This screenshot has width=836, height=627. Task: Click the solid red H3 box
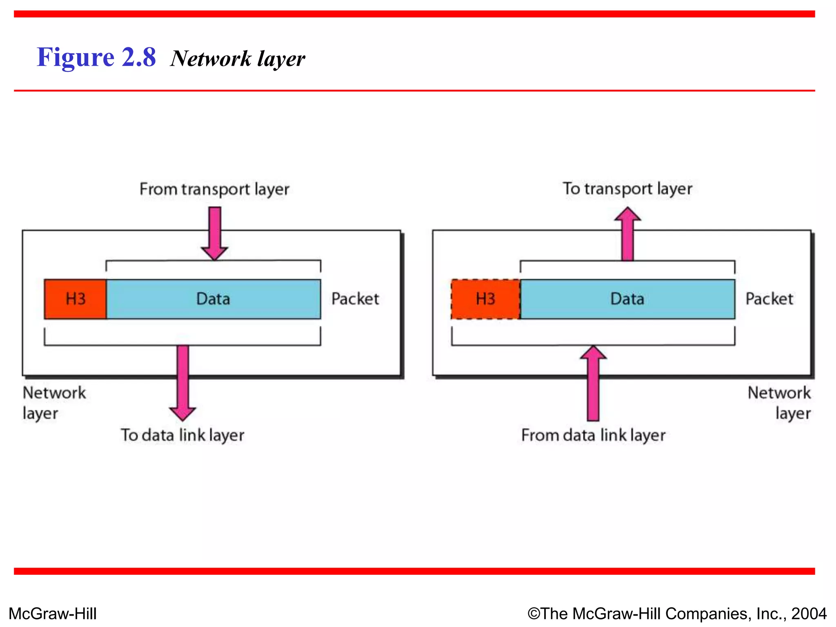coord(75,299)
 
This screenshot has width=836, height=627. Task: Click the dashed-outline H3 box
coord(485,299)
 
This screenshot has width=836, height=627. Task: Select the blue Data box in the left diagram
coord(213,299)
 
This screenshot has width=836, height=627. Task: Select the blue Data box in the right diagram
coord(627,299)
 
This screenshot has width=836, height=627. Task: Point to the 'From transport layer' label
coord(214,189)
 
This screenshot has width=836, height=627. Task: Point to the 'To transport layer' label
coord(627,189)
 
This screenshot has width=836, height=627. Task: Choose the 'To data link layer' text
coord(182,435)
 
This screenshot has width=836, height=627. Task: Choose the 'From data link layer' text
coord(593,435)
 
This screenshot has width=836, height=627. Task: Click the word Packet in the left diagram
coord(355,299)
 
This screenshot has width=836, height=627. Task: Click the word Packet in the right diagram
coord(769,299)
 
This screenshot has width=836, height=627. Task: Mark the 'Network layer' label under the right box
coord(780,403)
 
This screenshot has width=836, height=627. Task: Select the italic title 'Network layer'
coord(238,58)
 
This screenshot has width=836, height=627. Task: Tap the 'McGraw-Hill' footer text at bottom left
coord(53,614)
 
